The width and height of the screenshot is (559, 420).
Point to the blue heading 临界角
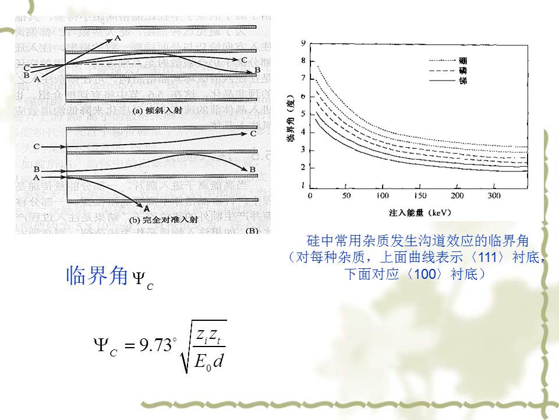(x=96, y=275)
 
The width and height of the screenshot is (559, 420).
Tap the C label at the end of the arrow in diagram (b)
(x=253, y=134)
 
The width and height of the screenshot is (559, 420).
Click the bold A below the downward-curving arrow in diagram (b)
(x=146, y=208)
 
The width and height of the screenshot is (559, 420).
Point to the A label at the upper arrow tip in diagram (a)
(x=118, y=38)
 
